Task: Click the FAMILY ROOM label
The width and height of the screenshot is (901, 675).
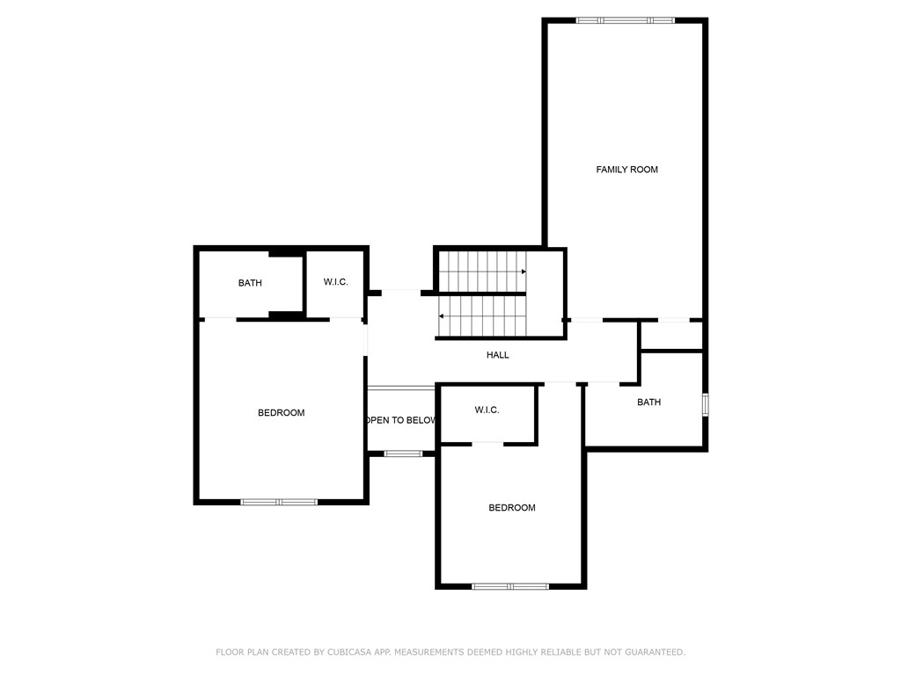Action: pos(626,170)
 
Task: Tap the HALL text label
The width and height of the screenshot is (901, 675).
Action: pos(497,355)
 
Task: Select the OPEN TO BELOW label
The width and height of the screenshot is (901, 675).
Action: pos(401,420)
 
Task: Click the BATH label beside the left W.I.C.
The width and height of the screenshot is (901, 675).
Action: pos(250,283)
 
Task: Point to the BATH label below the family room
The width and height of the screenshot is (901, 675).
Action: pos(648,403)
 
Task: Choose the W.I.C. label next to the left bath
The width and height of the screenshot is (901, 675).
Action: pos(335,282)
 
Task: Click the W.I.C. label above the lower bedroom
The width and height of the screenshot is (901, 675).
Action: pos(487,410)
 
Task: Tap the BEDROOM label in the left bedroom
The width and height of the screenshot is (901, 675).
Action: pos(281,413)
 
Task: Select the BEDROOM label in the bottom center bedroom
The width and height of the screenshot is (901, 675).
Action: pos(511,508)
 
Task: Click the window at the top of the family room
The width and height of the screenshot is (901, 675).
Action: pos(625,20)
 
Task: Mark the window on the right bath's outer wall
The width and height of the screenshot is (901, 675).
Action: pos(705,404)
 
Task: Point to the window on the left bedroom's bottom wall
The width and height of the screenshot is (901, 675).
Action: pos(279,502)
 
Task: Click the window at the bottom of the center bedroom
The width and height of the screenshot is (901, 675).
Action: pos(510,586)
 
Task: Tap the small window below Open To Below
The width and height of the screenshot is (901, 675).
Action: pos(403,454)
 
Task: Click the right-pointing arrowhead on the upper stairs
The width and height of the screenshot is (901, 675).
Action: pos(524,272)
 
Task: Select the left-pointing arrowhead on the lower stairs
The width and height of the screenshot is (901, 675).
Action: pos(441,316)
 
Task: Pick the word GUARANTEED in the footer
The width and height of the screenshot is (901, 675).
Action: pos(652,652)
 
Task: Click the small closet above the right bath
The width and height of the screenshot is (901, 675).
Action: pos(671,337)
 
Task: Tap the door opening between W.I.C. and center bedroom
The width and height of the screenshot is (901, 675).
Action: pos(487,443)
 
